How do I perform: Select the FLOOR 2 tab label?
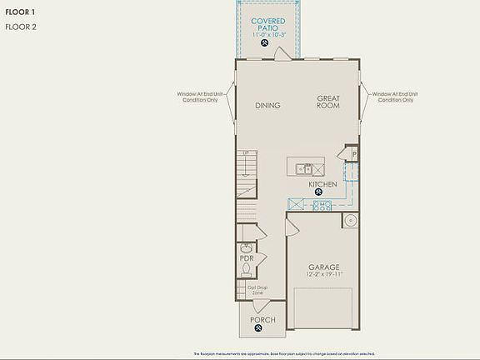click(x=20, y=27)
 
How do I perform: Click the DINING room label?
click(x=267, y=106)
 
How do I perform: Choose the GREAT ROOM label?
click(x=327, y=102)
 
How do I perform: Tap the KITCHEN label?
click(x=322, y=184)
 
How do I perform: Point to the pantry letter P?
click(x=353, y=154)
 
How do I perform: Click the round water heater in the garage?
click(x=351, y=221)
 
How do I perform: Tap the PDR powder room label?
click(x=247, y=258)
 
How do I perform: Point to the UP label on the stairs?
click(x=246, y=154)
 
